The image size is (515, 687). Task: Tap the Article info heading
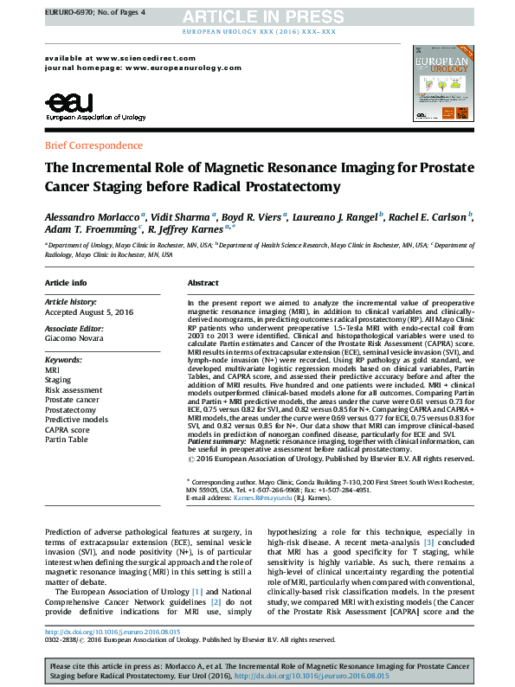click(66, 284)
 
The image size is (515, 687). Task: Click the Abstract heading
click(203, 284)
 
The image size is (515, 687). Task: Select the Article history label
click(69, 301)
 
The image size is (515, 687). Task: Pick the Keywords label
click(63, 359)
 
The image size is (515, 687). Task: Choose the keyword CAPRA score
click(68, 429)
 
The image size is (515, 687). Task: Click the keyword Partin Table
click(67, 440)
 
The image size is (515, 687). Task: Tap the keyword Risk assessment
click(74, 390)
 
